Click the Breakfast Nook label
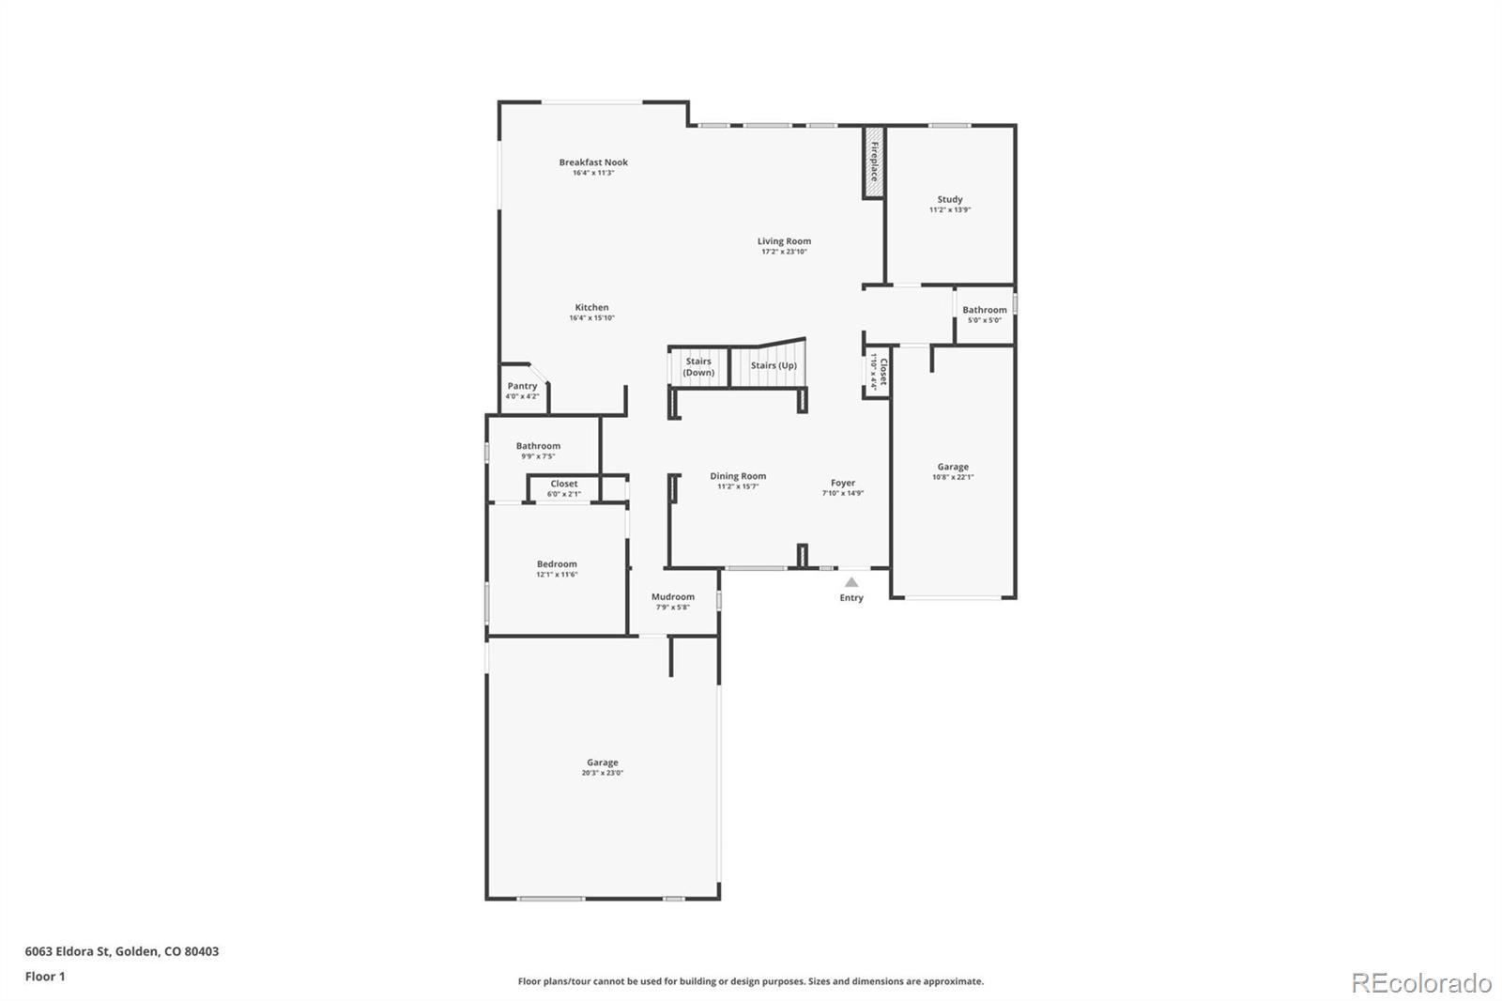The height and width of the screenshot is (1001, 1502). click(593, 162)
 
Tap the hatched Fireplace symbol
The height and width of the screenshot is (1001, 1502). click(873, 162)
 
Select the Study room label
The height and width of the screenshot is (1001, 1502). click(949, 200)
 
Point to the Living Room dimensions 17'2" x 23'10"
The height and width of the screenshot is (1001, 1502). click(784, 253)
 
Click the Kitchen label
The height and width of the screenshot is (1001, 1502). click(591, 308)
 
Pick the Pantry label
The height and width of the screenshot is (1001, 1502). click(522, 386)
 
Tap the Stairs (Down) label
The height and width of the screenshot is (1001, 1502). click(698, 367)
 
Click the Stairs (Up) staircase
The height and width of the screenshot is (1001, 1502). click(774, 365)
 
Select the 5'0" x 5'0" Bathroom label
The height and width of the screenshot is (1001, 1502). click(984, 310)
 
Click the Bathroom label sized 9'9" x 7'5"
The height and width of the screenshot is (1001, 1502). click(538, 446)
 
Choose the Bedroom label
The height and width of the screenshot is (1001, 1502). click(557, 564)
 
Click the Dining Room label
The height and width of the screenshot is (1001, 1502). click(738, 476)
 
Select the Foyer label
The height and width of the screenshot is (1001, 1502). click(842, 483)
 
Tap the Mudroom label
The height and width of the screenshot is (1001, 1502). click(673, 596)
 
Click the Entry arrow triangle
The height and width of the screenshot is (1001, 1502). click(851, 582)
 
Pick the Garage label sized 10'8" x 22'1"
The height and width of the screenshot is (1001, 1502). click(953, 467)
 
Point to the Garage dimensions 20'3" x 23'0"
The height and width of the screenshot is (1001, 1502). click(602, 773)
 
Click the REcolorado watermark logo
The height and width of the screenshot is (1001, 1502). click(1420, 982)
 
